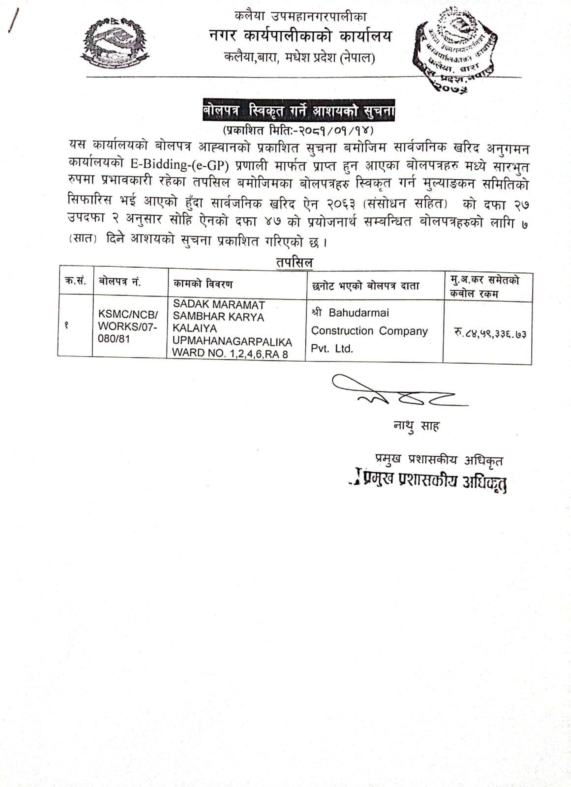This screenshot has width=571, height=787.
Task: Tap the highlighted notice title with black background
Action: point(299,111)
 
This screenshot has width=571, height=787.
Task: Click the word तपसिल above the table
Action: point(294,262)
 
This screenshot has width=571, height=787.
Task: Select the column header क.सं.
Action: point(75,281)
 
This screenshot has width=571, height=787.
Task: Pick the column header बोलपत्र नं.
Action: point(120,281)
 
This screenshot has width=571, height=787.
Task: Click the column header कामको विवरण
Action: point(203,284)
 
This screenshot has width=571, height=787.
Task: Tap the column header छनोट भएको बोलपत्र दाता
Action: point(365,286)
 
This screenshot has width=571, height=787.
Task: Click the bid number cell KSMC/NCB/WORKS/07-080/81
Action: point(128,326)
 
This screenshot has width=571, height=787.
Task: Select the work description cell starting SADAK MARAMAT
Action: point(232,329)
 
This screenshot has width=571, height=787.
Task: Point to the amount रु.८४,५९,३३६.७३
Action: point(490,333)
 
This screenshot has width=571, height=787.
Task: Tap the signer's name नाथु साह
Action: point(416,425)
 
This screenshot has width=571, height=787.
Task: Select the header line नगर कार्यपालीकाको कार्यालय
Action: point(300,36)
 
